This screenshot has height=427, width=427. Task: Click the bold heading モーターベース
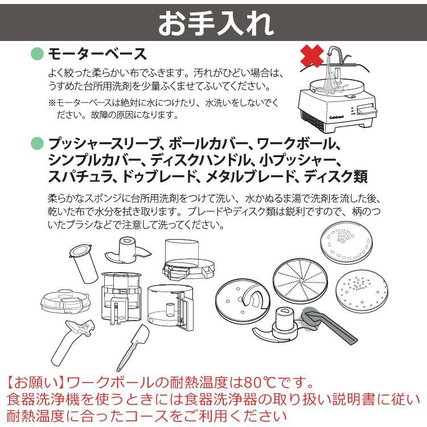[97, 55]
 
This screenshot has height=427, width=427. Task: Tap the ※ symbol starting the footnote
[51, 103]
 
